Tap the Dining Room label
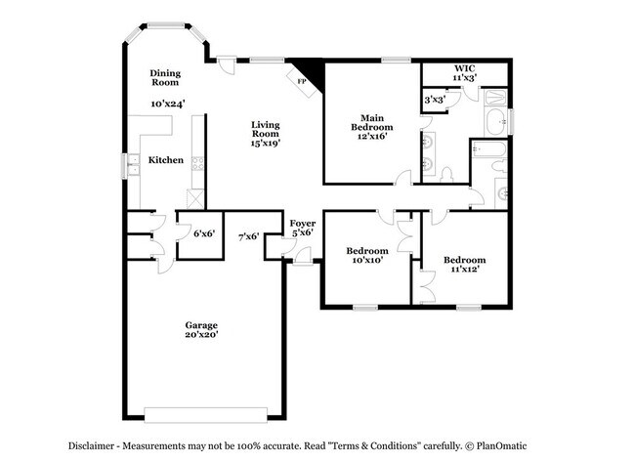click(x=164, y=77)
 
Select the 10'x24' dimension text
click(x=168, y=103)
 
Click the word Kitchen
click(x=165, y=159)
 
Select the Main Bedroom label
click(x=372, y=126)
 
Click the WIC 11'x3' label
click(x=464, y=71)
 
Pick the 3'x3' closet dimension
click(x=435, y=100)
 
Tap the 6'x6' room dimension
click(x=203, y=233)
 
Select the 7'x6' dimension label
click(x=248, y=235)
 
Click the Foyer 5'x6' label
click(x=303, y=229)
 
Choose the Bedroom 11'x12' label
click(x=464, y=265)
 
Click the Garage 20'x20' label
click(x=202, y=329)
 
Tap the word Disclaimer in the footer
click(x=97, y=444)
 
